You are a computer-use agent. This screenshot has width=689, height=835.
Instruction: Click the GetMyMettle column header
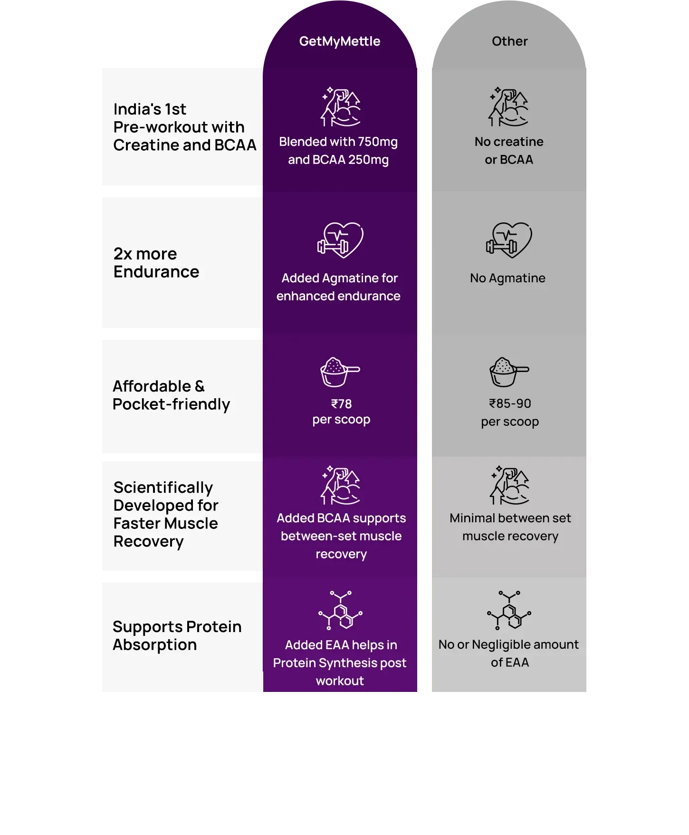click(x=340, y=42)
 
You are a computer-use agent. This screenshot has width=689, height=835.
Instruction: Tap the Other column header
click(x=509, y=41)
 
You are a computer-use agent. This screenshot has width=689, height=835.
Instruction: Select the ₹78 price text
click(x=341, y=404)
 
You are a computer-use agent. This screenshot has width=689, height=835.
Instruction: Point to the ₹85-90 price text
click(x=510, y=403)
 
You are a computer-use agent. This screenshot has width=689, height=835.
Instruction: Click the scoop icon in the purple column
click(x=340, y=372)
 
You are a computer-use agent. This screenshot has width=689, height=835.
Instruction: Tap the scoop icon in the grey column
click(x=509, y=372)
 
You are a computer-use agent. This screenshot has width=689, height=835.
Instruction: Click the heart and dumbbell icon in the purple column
click(x=340, y=240)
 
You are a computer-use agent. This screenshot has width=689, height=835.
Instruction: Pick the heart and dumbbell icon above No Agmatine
click(x=509, y=240)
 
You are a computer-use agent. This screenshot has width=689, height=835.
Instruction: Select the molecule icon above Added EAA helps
click(x=340, y=610)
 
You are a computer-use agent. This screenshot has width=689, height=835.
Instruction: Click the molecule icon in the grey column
click(x=509, y=610)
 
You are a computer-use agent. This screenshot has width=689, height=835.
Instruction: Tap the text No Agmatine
click(x=507, y=278)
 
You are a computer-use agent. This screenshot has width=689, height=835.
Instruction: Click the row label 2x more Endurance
click(x=156, y=263)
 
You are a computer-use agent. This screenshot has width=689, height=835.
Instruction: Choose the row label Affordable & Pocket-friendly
click(x=171, y=395)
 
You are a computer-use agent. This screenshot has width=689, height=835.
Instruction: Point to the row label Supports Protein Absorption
click(x=177, y=636)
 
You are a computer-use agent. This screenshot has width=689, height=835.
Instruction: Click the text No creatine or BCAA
click(x=509, y=151)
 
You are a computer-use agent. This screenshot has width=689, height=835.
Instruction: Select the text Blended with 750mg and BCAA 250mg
click(x=338, y=151)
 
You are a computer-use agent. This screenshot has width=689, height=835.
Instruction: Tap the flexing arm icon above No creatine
click(x=508, y=107)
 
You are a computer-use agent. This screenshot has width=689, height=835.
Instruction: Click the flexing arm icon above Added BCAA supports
click(x=340, y=485)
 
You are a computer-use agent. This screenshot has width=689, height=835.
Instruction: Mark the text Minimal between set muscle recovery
click(x=510, y=527)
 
